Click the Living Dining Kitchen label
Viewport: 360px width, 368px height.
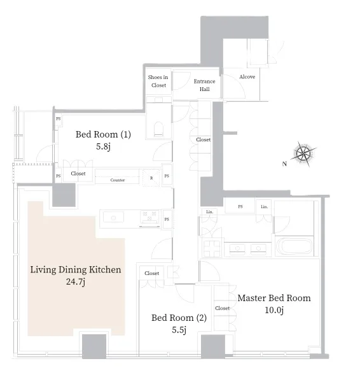[76, 270]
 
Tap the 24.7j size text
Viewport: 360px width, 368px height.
[76, 281]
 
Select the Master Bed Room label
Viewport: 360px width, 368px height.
[274, 298]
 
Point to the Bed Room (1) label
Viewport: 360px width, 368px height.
[103, 134]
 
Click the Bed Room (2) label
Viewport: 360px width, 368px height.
[179, 318]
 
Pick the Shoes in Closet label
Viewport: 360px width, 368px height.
[158, 81]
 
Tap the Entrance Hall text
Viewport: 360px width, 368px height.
[205, 85]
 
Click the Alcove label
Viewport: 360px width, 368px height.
[247, 77]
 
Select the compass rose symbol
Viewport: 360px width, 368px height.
[304, 154]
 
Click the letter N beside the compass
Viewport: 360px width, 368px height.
[284, 164]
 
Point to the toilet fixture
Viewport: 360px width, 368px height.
[158, 129]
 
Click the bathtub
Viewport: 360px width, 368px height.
[294, 246]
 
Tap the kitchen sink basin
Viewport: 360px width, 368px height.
[113, 217]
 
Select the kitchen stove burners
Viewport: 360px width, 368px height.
[149, 216]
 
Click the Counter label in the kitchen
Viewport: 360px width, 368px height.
[118, 180]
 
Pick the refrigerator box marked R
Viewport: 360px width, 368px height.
[151, 178]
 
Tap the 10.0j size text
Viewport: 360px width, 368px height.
[274, 310]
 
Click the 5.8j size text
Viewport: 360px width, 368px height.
[103, 146]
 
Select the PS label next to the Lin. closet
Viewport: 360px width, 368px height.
[240, 206]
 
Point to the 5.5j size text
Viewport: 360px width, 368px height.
[179, 330]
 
